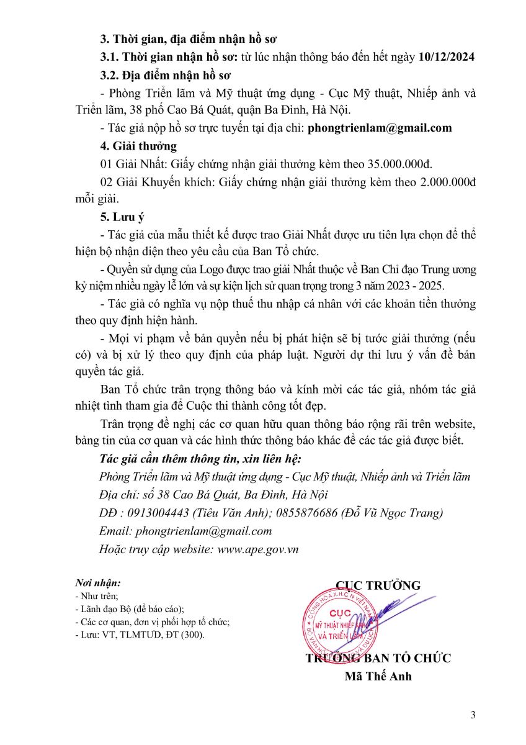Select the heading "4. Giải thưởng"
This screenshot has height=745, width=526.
[x=138, y=147]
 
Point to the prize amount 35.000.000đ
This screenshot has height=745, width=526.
[x=399, y=165]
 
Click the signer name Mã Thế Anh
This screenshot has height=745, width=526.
[x=378, y=677]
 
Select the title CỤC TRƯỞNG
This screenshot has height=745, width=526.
[x=378, y=585]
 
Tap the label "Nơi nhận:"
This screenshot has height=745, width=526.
[x=98, y=583]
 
